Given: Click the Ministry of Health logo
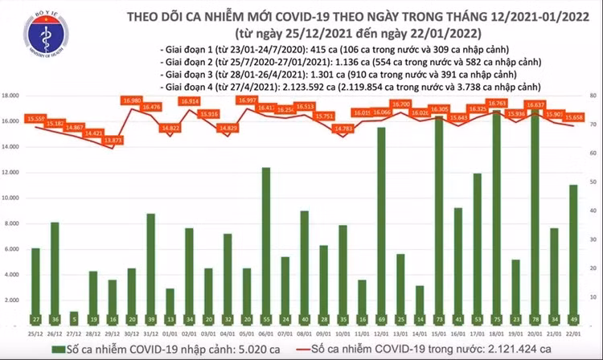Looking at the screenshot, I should (x=44, y=39).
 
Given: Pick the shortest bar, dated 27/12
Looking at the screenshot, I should (x=74, y=317).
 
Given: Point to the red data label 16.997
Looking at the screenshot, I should (x=246, y=100).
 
